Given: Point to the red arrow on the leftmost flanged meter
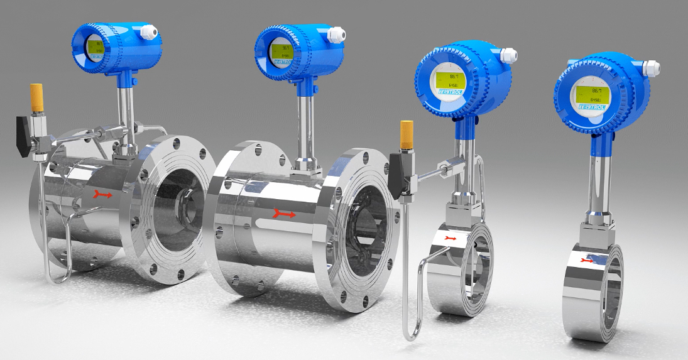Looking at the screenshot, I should tap(103, 195).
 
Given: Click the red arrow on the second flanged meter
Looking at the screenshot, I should tap(284, 215).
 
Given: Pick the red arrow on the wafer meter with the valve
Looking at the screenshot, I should tap(450, 239).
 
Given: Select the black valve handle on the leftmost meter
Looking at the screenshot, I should tap(25, 135).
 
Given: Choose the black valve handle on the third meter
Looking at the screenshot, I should tap(396, 175).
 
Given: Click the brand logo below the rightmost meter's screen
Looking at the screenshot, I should tap(592, 107).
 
